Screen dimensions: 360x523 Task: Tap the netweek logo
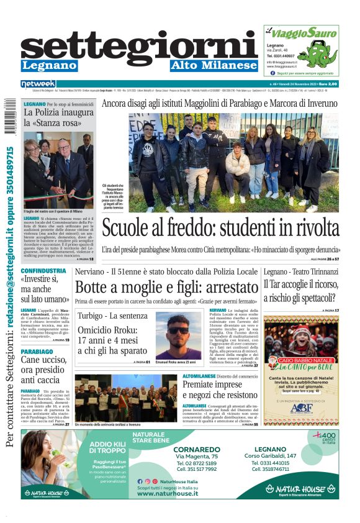(x=38, y=84)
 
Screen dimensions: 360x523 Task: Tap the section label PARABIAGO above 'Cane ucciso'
(x=37, y=351)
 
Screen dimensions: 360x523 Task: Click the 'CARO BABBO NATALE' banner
(x=301, y=360)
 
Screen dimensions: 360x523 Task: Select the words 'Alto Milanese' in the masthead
(x=214, y=65)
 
